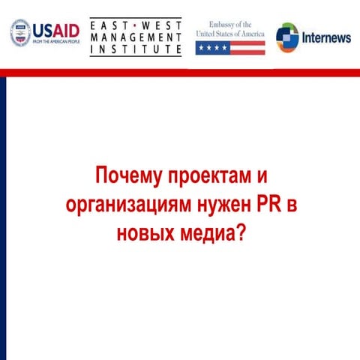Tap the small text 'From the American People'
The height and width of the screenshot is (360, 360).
(x=55, y=42)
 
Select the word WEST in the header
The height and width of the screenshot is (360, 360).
(x=162, y=24)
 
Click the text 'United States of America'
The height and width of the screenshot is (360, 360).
(x=230, y=34)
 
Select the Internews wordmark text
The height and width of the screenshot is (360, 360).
(x=326, y=38)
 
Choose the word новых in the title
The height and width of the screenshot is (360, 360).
(x=145, y=232)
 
